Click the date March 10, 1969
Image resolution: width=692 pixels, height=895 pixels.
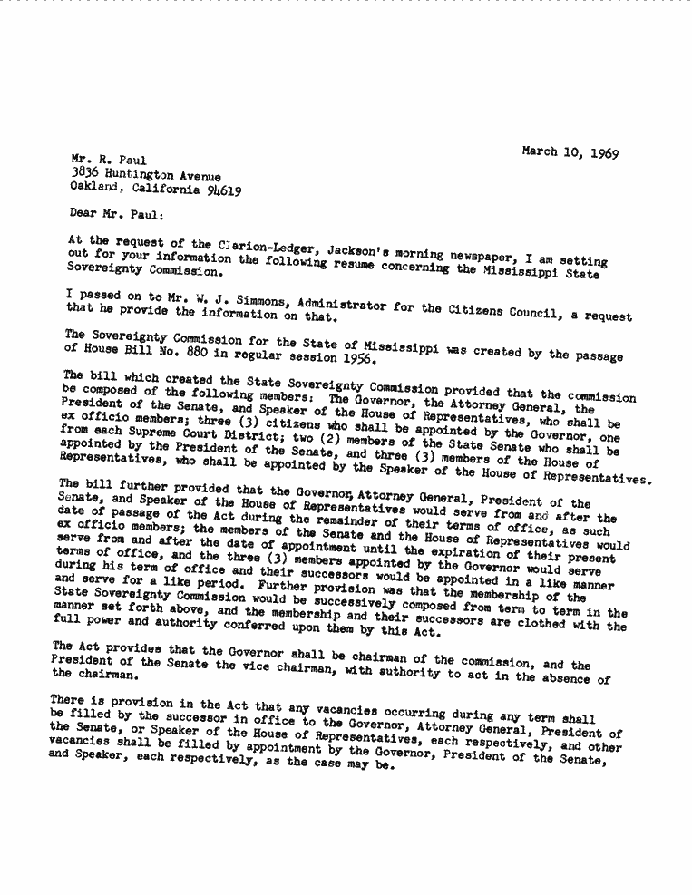[570, 152]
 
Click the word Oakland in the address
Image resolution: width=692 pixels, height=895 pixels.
[95, 190]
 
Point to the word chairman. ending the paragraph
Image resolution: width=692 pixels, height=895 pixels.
[106, 676]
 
